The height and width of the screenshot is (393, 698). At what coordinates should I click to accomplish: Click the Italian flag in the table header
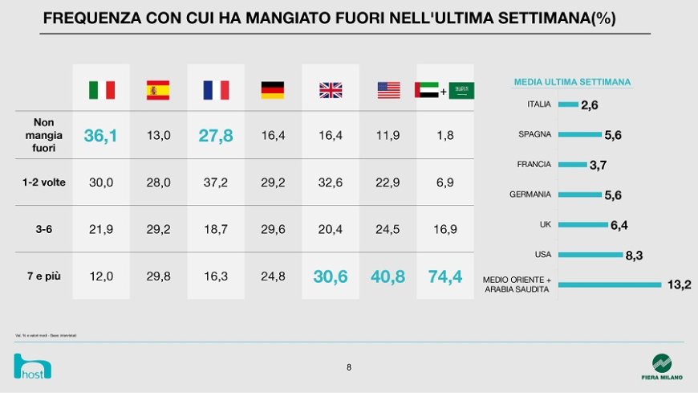[x=101, y=90]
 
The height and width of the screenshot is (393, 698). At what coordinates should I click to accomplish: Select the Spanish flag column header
[x=158, y=90]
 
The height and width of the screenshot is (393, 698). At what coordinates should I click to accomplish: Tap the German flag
[x=273, y=90]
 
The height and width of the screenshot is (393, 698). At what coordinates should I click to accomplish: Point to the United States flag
[x=388, y=90]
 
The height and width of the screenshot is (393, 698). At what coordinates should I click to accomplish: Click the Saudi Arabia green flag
[x=462, y=90]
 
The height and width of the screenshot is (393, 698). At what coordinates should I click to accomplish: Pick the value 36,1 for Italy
[x=101, y=136]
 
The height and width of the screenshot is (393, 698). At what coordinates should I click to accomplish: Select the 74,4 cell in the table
[x=445, y=276]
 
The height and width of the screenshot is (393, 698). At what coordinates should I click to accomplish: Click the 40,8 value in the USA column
[x=388, y=276]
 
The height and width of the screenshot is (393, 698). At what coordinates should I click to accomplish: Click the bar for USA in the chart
[x=590, y=256]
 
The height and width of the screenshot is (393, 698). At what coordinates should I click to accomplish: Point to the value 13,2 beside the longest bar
[x=679, y=285]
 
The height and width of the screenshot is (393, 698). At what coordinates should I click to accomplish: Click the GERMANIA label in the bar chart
[x=530, y=194]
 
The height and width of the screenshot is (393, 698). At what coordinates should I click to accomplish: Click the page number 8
[x=349, y=367]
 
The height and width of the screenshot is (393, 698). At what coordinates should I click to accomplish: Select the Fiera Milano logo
[x=661, y=367]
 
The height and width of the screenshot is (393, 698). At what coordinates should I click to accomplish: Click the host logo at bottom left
[x=33, y=366]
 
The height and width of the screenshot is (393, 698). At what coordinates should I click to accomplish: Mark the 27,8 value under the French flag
[x=216, y=136]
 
